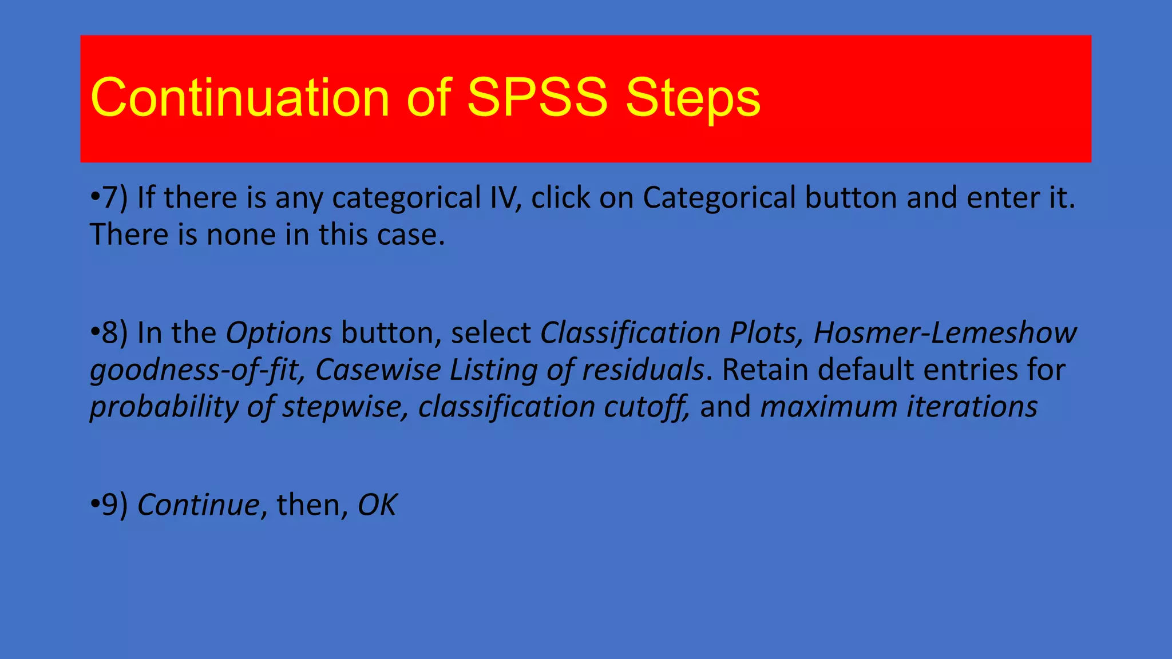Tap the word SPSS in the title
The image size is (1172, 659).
[537, 98]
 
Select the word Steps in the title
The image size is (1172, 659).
[692, 98]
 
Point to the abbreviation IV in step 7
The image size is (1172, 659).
[504, 198]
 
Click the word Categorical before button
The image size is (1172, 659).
[719, 198]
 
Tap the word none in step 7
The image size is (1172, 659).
[240, 235]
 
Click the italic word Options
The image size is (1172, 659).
[279, 333]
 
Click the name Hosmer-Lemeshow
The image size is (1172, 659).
[945, 333]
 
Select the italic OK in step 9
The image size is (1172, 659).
[377, 505]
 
